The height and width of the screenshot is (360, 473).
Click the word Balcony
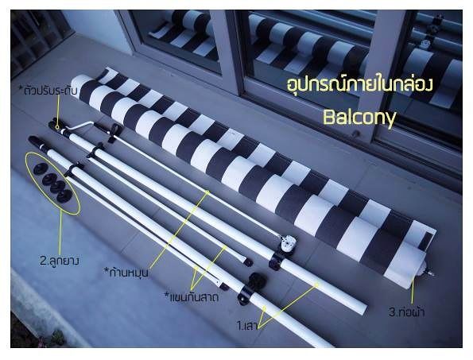(x=359, y=118)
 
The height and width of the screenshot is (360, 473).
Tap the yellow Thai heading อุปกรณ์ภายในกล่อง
(x=360, y=84)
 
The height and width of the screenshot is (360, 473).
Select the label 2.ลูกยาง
(x=60, y=261)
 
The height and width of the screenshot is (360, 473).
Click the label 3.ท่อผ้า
(x=407, y=312)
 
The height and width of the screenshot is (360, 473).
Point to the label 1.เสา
(x=247, y=326)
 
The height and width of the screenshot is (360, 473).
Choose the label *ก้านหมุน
(x=126, y=272)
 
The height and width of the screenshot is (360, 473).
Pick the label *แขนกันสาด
(x=192, y=297)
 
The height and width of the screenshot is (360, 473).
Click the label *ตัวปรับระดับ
(x=50, y=91)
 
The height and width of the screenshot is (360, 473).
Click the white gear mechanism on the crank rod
(x=287, y=243)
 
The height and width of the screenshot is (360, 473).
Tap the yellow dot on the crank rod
(x=207, y=192)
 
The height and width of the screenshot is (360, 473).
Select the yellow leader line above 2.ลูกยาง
(x=61, y=233)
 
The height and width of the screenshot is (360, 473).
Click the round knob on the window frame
(x=356, y=134)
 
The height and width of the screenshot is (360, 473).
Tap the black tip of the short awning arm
(x=248, y=262)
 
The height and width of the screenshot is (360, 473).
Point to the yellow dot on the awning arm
(x=225, y=247)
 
